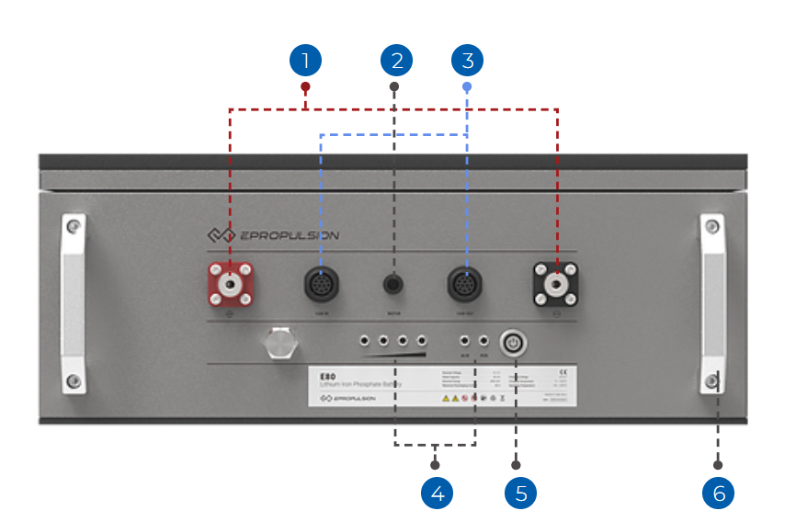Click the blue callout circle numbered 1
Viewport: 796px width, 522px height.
point(305,61)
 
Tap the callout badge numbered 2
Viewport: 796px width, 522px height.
point(396,61)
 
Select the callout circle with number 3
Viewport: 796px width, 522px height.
point(467,61)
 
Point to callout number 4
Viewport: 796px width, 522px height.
point(438,493)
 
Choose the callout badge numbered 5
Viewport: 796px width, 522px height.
point(520,493)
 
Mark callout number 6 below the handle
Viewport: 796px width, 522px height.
point(719,493)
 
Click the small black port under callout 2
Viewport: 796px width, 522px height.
point(394,284)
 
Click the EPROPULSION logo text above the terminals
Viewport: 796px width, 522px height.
point(290,235)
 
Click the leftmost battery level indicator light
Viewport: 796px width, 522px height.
point(365,338)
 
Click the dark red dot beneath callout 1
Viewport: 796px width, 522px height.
point(305,87)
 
